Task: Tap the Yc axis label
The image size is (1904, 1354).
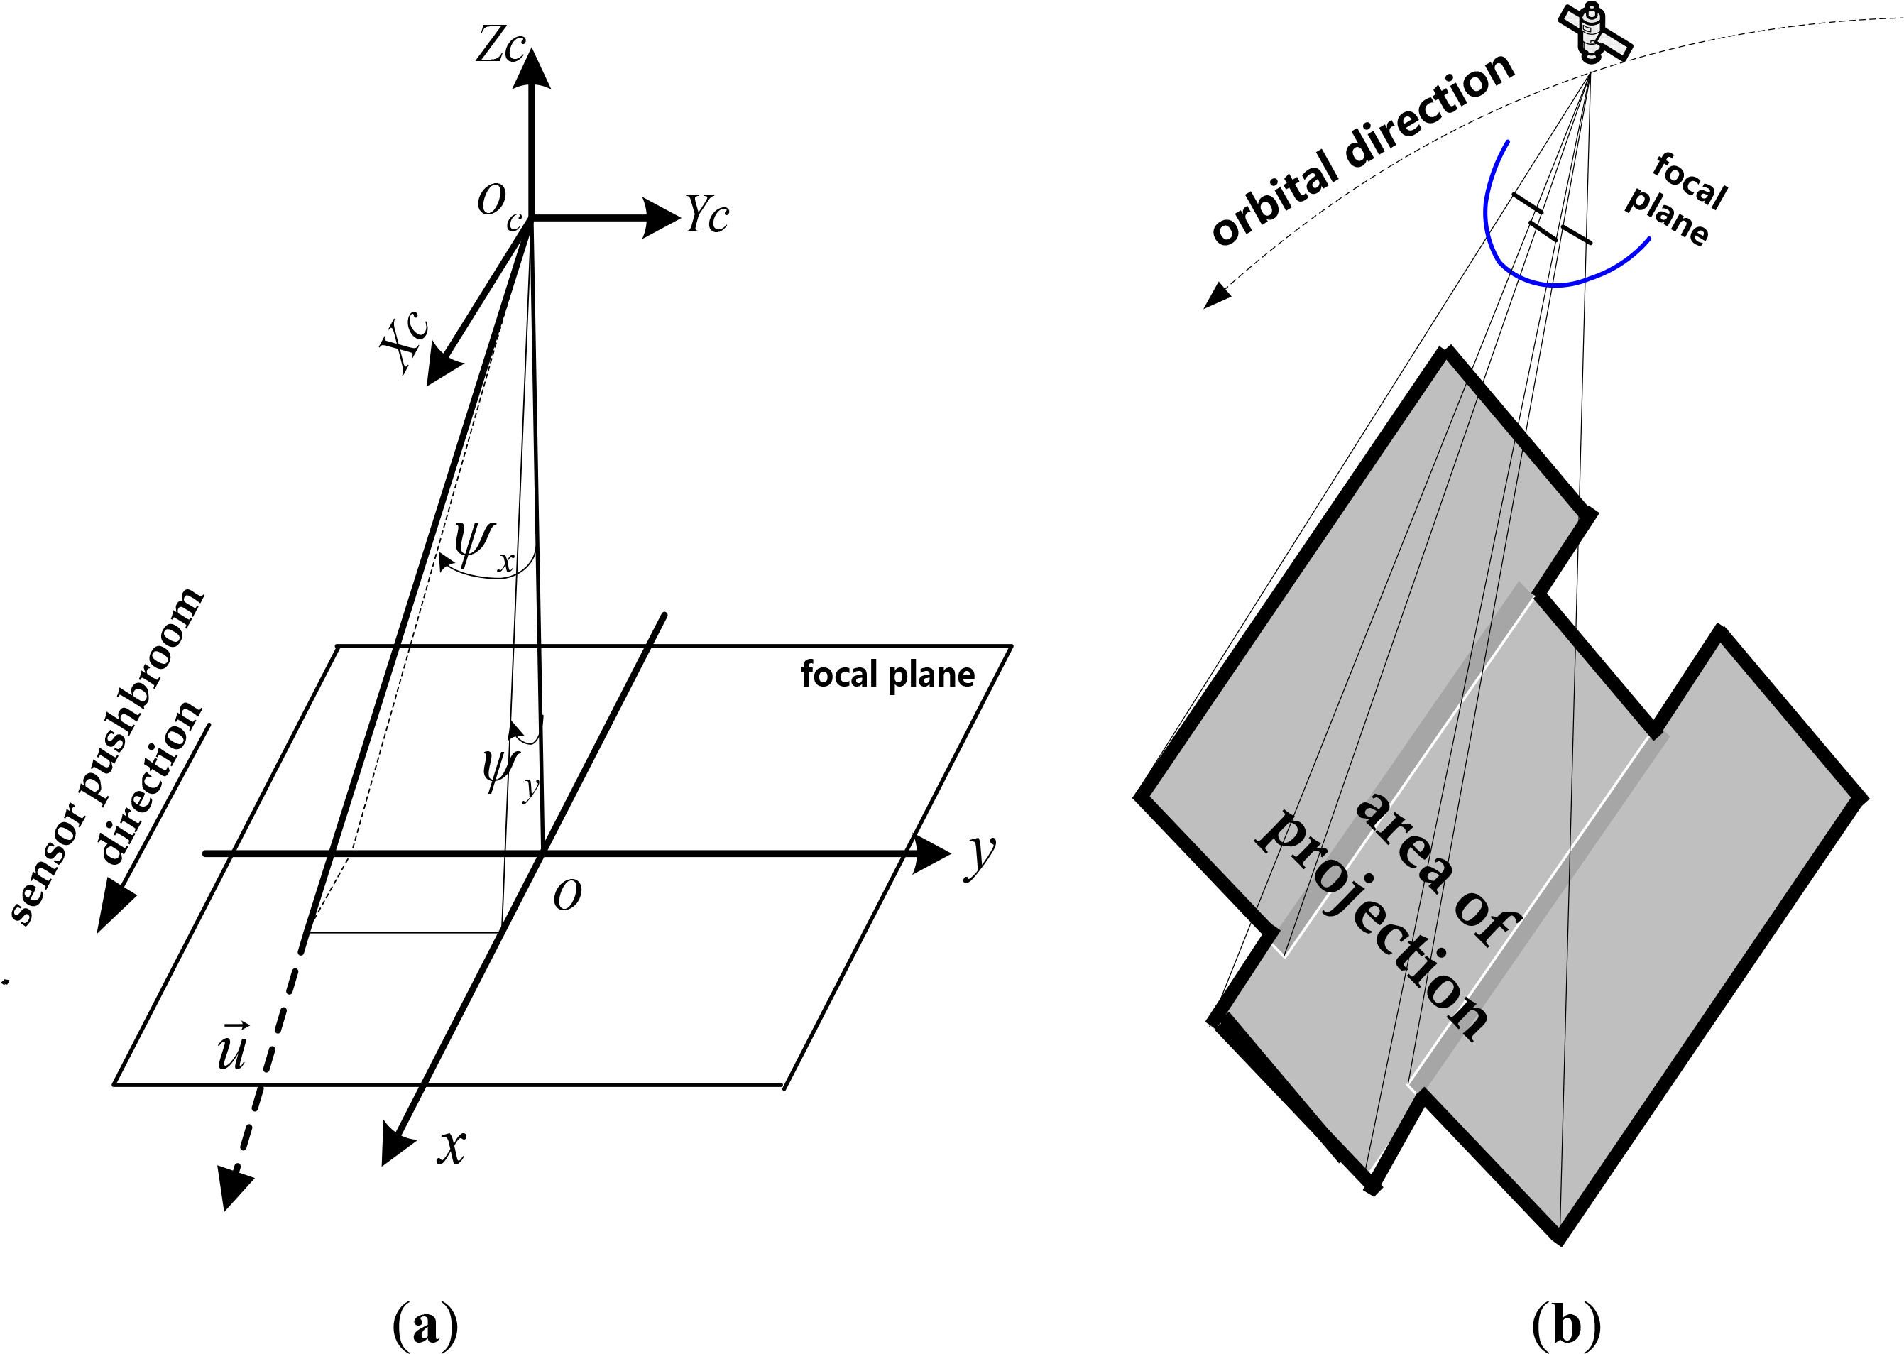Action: coord(707,216)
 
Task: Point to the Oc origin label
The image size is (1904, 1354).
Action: coord(498,205)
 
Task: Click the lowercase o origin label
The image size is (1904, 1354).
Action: coord(568,894)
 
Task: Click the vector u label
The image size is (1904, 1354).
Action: coord(231,1048)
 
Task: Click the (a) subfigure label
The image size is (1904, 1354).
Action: coord(425,1324)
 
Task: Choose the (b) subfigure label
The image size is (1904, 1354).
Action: coord(1566,1324)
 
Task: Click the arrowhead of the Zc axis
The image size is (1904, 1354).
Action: coord(531,68)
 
